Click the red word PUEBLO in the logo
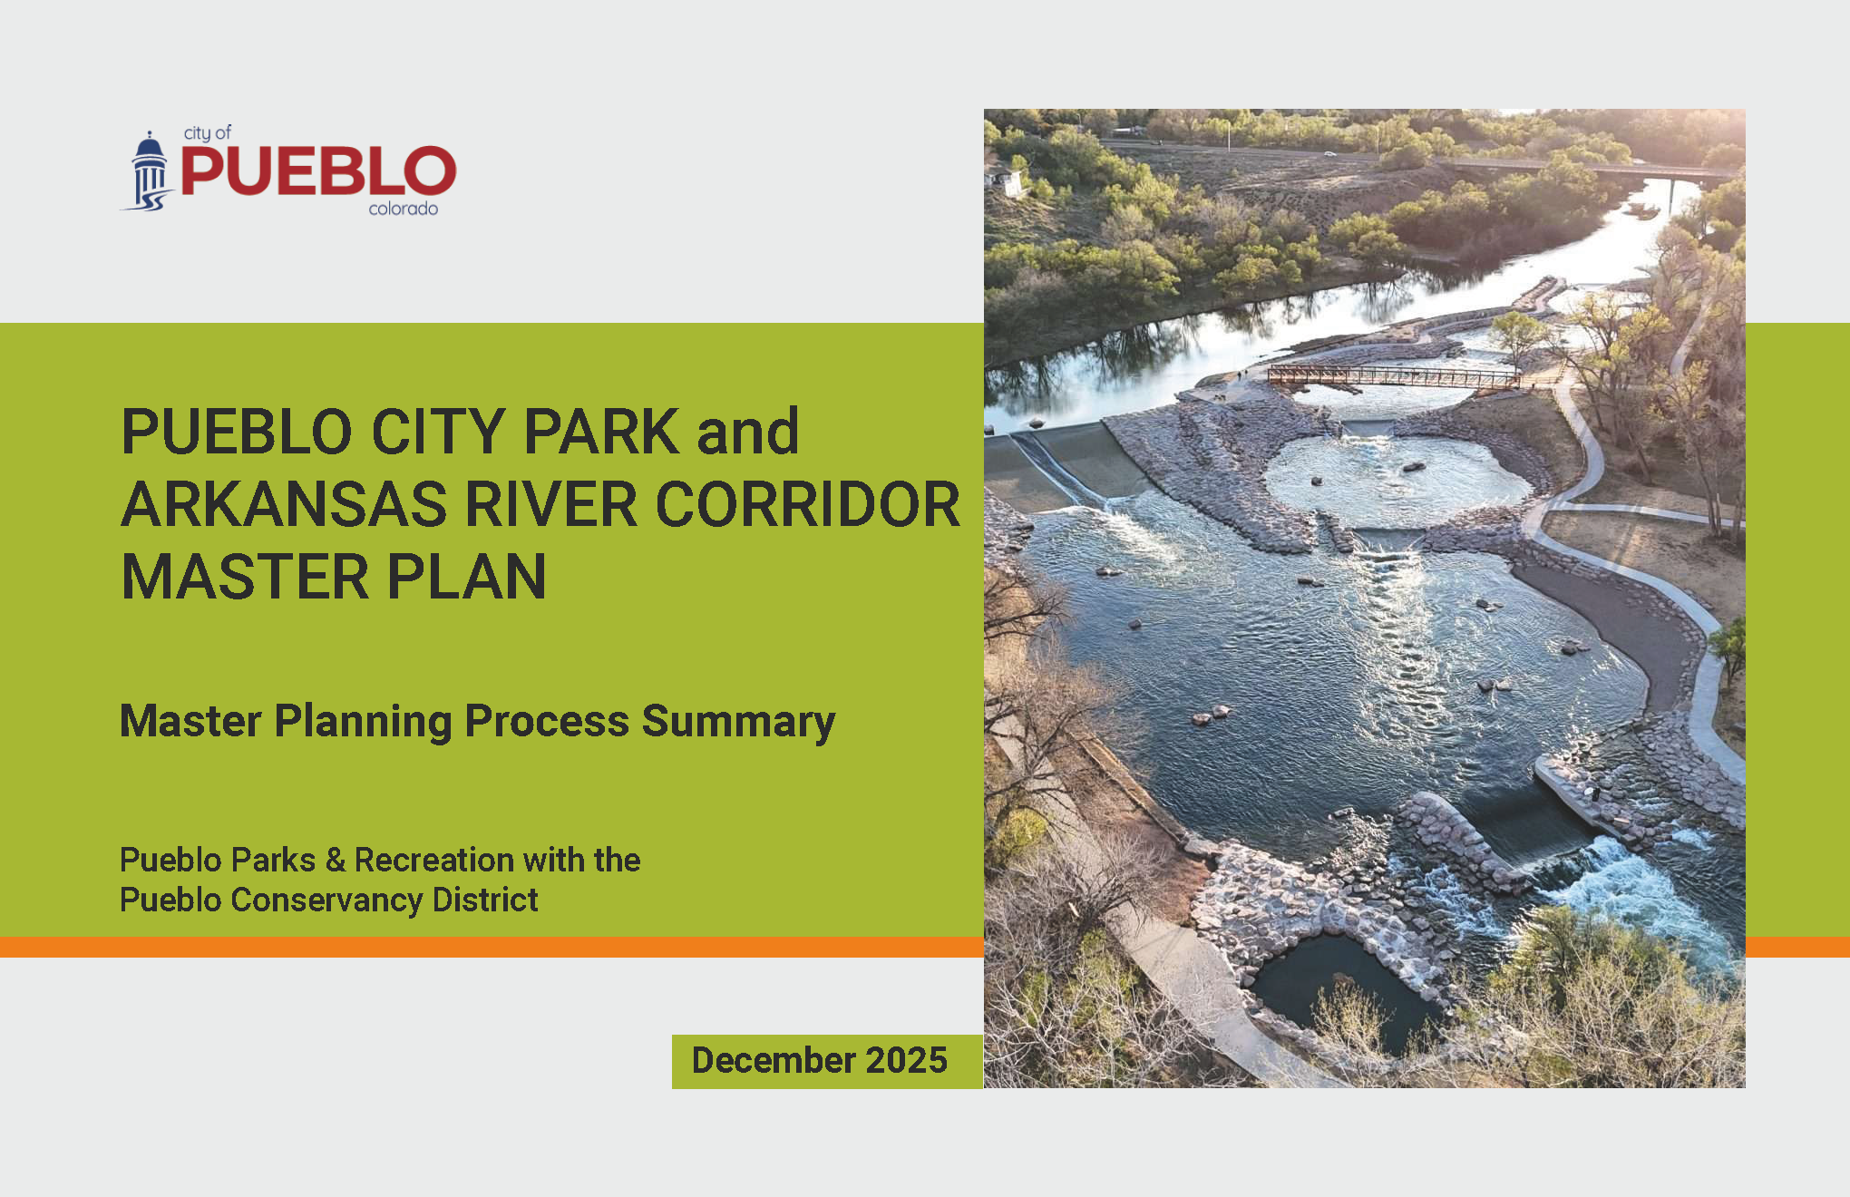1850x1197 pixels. coord(318,170)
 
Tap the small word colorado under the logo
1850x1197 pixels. coord(403,209)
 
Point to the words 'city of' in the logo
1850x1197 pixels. coord(208,133)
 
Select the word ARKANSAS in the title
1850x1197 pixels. coord(284,504)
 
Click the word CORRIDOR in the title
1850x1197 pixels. coord(807,504)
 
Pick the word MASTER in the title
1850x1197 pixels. coord(245,577)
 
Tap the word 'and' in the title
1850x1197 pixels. coord(748,431)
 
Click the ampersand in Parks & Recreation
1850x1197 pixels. coord(336,860)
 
